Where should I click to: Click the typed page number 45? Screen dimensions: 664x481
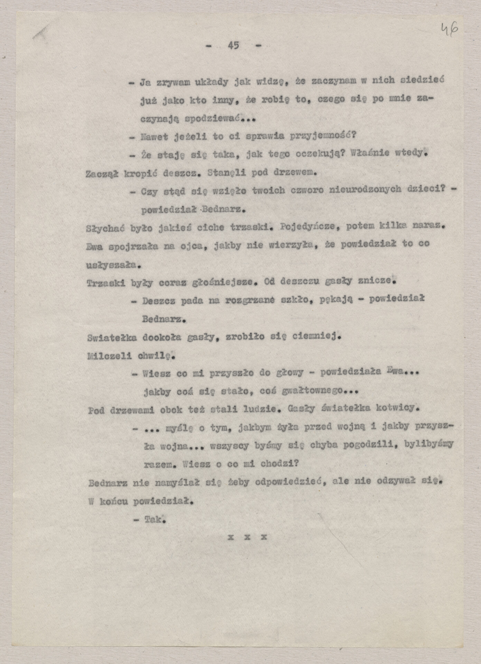click(x=233, y=45)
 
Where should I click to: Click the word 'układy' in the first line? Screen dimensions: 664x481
click(x=211, y=82)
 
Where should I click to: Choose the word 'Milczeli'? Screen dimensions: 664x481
click(x=109, y=356)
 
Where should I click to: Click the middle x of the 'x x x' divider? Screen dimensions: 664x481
click(x=247, y=537)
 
